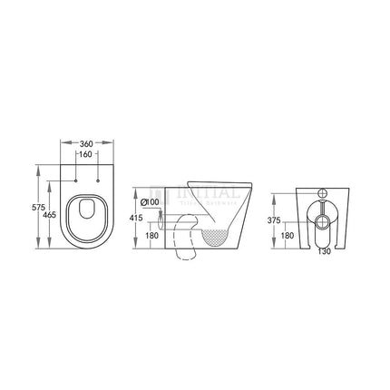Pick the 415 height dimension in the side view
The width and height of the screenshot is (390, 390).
coord(133,219)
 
